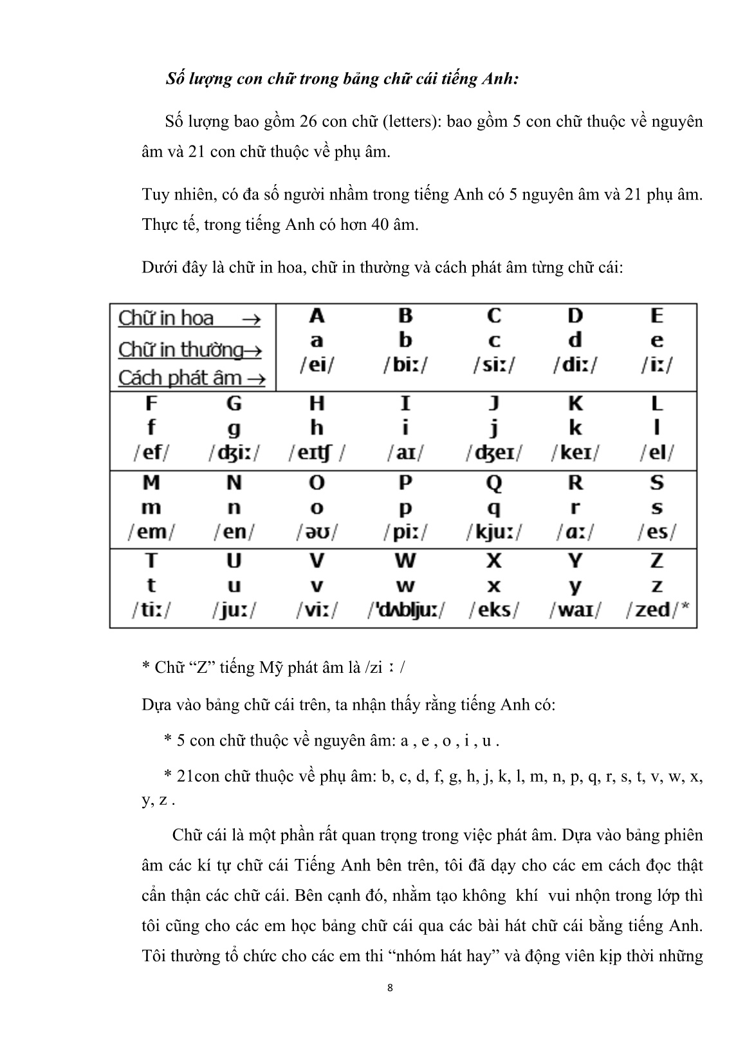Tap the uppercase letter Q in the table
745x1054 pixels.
coord(493,483)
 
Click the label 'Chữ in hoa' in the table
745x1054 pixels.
coord(166,318)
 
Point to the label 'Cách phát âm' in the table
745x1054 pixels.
coord(179,378)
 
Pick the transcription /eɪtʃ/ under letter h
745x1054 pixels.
coord(316,453)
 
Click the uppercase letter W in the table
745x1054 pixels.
coord(405,561)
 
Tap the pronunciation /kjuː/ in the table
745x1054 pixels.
coord(493,532)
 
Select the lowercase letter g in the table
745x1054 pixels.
coord(234,429)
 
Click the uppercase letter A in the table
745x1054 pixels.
coord(317,316)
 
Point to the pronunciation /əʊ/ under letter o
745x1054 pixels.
coord(317,532)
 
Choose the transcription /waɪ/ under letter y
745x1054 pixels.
coord(575,609)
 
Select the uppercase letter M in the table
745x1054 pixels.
coord(151,483)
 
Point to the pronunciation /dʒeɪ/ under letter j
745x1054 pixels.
coord(493,453)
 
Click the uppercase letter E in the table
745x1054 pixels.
coord(656,316)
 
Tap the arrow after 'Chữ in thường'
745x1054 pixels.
coord(254,350)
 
